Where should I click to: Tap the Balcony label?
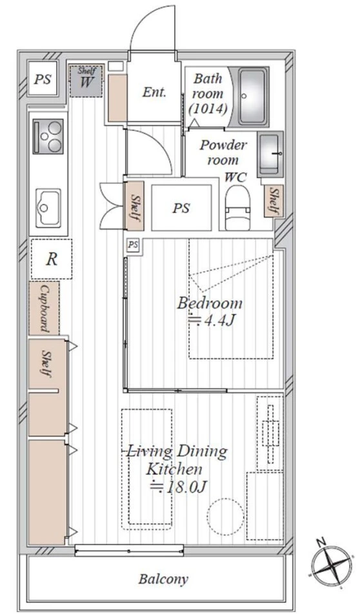(x=163, y=579)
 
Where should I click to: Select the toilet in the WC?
(x=237, y=207)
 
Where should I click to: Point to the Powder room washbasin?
(x=270, y=154)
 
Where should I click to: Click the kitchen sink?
(x=48, y=207)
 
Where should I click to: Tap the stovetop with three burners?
(x=48, y=136)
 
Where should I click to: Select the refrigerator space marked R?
(x=51, y=259)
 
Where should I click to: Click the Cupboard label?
(x=44, y=309)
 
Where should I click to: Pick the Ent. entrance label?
(x=154, y=92)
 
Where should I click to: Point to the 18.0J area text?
(x=178, y=487)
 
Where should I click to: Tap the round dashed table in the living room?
(x=225, y=516)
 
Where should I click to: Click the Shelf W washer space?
(x=86, y=81)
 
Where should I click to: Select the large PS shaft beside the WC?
(x=181, y=207)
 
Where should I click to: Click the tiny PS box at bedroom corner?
(x=133, y=245)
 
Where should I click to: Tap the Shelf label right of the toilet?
(x=274, y=201)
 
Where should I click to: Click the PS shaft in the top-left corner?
(x=43, y=79)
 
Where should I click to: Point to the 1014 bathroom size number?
(x=208, y=109)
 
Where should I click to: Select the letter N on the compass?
(x=321, y=543)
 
